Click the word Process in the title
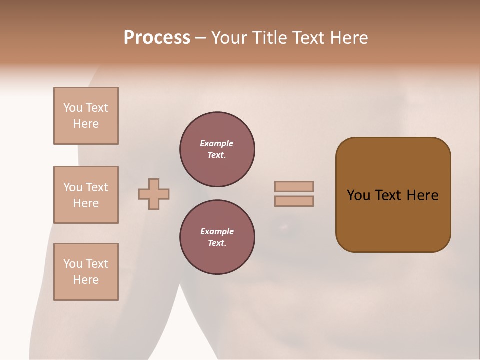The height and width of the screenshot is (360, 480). tap(157, 38)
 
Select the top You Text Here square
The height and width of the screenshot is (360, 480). tap(86, 116)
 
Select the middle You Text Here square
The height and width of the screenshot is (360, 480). tap(86, 195)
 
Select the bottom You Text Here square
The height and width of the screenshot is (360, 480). tap(86, 272)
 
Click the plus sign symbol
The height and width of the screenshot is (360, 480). tap(154, 194)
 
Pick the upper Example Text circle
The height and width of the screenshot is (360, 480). tap(217, 149)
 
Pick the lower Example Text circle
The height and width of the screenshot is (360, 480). tap(217, 237)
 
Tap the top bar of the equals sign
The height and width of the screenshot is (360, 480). tap(294, 186)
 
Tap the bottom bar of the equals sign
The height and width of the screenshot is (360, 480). tap(294, 201)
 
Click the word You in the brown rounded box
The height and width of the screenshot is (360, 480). tap(358, 195)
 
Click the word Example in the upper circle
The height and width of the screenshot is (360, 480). tap(217, 143)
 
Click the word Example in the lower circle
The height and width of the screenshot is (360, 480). tap(217, 231)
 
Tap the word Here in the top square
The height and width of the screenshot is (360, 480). tap(86, 124)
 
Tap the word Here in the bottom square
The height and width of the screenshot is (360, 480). tap(86, 280)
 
